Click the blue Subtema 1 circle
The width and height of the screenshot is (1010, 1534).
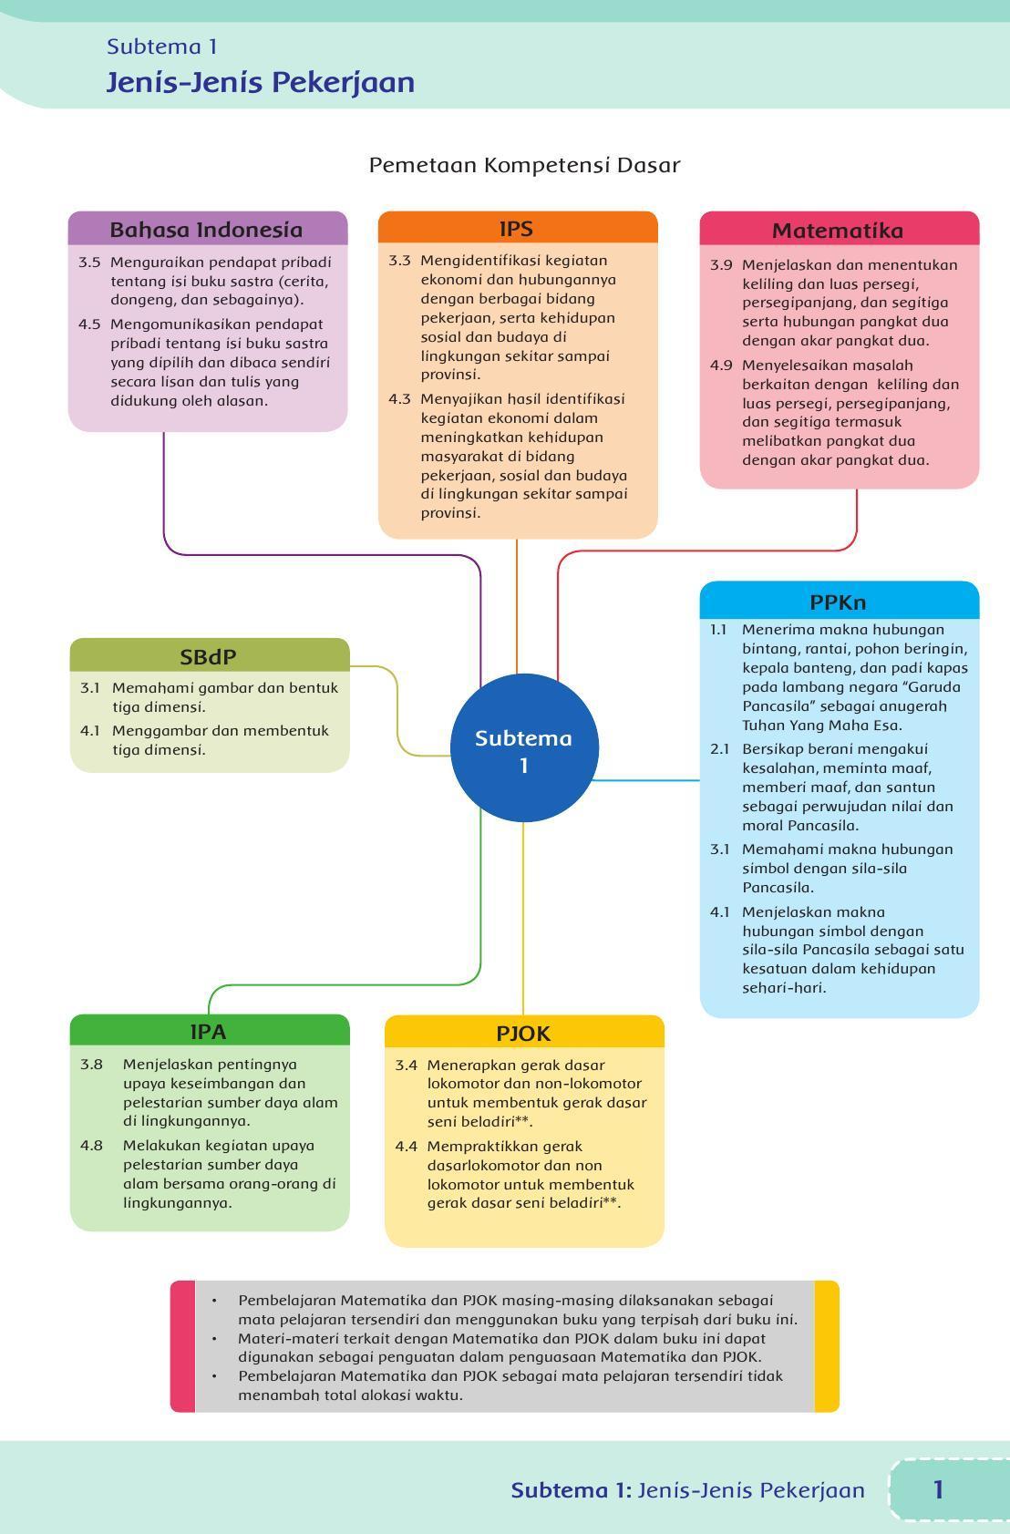pos(524,747)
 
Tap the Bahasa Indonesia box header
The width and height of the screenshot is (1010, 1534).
pos(208,229)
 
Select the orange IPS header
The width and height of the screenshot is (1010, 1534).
pos(518,227)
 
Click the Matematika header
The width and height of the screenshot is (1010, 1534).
pos(839,229)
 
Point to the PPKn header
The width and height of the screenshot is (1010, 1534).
pos(839,601)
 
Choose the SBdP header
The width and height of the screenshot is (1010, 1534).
pos(210,655)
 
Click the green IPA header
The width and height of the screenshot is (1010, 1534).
pos(210,1030)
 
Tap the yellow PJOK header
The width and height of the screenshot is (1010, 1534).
pos(524,1032)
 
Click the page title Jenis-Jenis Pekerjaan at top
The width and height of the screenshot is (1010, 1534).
pos(260,82)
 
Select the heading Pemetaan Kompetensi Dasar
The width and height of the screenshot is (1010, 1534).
pos(524,165)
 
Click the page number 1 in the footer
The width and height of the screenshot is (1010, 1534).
pos(938,1489)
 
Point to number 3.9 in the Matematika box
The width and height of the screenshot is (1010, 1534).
pos(721,265)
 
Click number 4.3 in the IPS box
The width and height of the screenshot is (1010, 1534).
pos(400,398)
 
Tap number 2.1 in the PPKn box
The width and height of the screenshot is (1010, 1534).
pos(719,748)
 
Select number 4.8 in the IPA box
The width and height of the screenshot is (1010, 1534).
pos(92,1145)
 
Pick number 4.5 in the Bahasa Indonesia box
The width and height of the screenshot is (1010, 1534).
pos(89,324)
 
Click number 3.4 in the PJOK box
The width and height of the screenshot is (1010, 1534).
pos(406,1065)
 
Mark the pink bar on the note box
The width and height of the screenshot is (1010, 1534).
pos(183,1345)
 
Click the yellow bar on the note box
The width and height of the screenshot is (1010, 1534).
pos(827,1345)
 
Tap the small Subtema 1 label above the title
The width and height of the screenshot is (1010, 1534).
pos(161,46)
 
